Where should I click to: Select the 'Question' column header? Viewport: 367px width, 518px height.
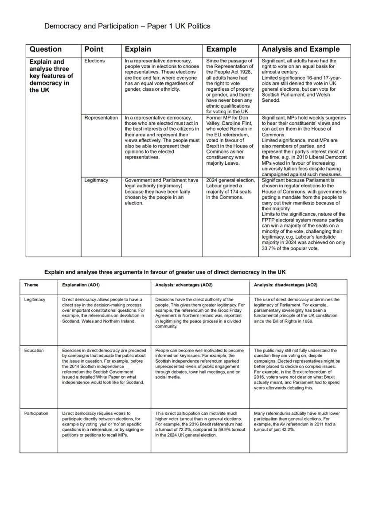coord(46,50)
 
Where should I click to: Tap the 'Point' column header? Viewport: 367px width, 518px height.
coord(94,50)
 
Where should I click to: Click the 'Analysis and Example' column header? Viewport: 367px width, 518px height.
coord(301,50)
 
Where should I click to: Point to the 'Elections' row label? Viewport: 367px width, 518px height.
coord(94,61)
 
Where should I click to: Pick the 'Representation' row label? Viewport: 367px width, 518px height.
coord(101,118)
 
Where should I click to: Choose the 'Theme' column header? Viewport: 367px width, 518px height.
coord(31,285)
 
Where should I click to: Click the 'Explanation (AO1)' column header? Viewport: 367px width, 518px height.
coord(81,285)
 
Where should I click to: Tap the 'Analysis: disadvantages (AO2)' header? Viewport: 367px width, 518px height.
coord(285,285)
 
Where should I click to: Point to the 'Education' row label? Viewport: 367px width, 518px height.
coord(34,350)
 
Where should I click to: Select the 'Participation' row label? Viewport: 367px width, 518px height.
coord(36,413)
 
